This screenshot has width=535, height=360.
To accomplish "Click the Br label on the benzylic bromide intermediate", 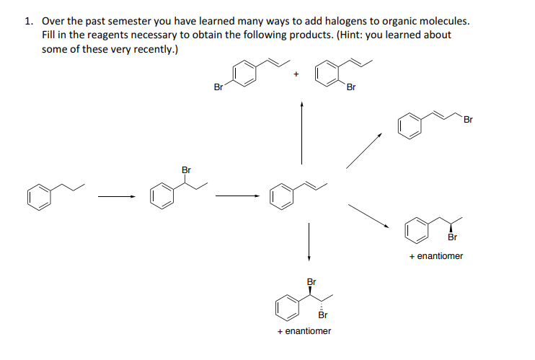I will [187, 170].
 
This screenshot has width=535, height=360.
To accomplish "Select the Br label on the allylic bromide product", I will [467, 119].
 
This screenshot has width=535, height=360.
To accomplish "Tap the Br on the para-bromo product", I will [218, 87].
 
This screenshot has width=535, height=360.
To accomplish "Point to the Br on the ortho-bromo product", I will [351, 88].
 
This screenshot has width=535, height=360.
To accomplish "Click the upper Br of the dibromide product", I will [311, 281].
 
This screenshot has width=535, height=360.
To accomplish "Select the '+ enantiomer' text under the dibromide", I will [304, 331].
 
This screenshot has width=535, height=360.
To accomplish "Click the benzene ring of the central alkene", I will [282, 196].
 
